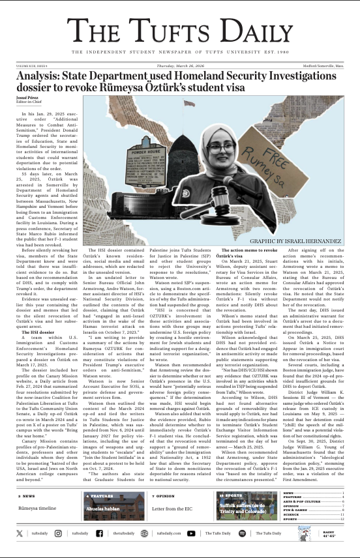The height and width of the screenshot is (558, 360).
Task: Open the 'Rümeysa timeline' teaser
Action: point(37,525)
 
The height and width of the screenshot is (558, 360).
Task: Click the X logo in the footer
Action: point(19,551)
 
